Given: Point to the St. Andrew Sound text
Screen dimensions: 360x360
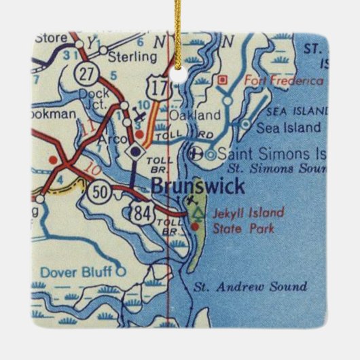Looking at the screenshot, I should point(250,287).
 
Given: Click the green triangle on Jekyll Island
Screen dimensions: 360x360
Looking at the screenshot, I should point(198,213).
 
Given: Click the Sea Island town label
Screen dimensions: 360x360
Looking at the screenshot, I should point(287,127).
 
